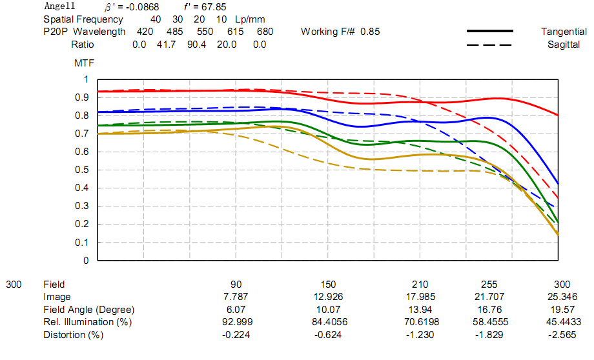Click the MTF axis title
point(85,63)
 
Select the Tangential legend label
point(564,32)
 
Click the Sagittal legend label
point(564,45)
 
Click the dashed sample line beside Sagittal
point(488,45)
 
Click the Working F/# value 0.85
point(371,32)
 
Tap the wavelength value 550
point(205,32)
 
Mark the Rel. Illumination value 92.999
point(236,322)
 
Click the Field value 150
point(328,285)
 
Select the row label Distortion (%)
point(73,335)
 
